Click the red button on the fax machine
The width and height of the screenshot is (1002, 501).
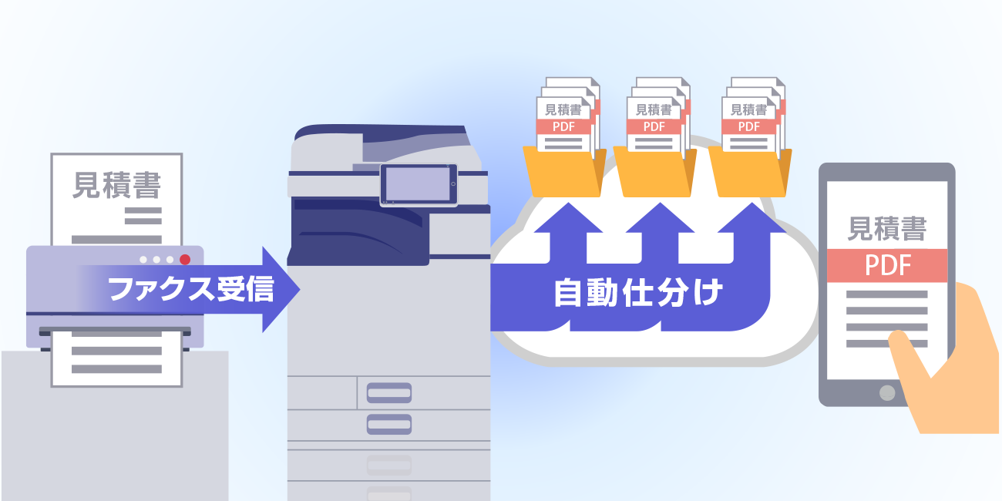pyautogui.click(x=185, y=259)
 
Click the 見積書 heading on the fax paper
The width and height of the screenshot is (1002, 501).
pyautogui.click(x=116, y=185)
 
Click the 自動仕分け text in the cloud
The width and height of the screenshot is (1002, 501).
pyautogui.click(x=638, y=294)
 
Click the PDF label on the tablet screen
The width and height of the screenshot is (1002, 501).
pyautogui.click(x=887, y=265)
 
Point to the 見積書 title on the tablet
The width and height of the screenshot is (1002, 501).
pyautogui.click(x=887, y=229)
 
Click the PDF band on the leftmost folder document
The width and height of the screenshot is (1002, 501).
pyautogui.click(x=563, y=126)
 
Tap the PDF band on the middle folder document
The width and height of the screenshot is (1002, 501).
pyautogui.click(x=654, y=126)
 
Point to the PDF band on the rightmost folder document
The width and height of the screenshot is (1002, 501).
pyautogui.click(x=748, y=126)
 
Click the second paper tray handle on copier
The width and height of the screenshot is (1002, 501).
pyautogui.click(x=389, y=424)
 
